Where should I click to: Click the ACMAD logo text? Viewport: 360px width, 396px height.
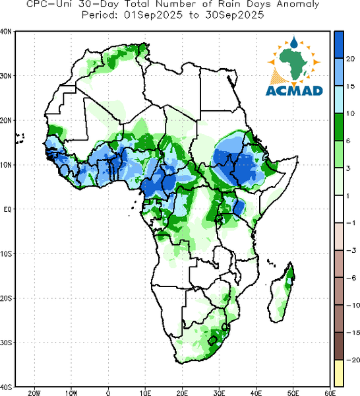point(294,90)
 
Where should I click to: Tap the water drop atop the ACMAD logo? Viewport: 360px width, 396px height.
point(294,42)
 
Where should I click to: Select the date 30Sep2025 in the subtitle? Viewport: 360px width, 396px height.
point(234,15)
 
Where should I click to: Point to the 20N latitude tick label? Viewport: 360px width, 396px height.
point(5,120)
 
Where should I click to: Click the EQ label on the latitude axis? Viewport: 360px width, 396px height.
point(7,209)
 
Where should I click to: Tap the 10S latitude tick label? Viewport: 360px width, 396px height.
point(5,254)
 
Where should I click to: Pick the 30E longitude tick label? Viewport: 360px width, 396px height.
point(219,393)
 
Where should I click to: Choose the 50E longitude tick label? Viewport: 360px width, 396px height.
point(293,393)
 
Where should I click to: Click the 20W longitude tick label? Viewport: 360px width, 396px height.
point(34,393)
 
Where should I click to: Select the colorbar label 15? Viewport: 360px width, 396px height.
point(350,86)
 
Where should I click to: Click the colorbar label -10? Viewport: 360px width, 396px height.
point(353,306)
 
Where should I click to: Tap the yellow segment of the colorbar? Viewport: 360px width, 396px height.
point(339,373)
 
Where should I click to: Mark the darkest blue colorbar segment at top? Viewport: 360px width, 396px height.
point(339,45)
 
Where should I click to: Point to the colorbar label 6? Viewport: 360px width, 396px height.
point(348,141)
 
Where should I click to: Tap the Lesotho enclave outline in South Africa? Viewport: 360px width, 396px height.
point(212,341)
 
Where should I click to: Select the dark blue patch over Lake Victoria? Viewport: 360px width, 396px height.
point(239,207)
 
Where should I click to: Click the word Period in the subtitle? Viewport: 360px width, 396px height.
point(100,15)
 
